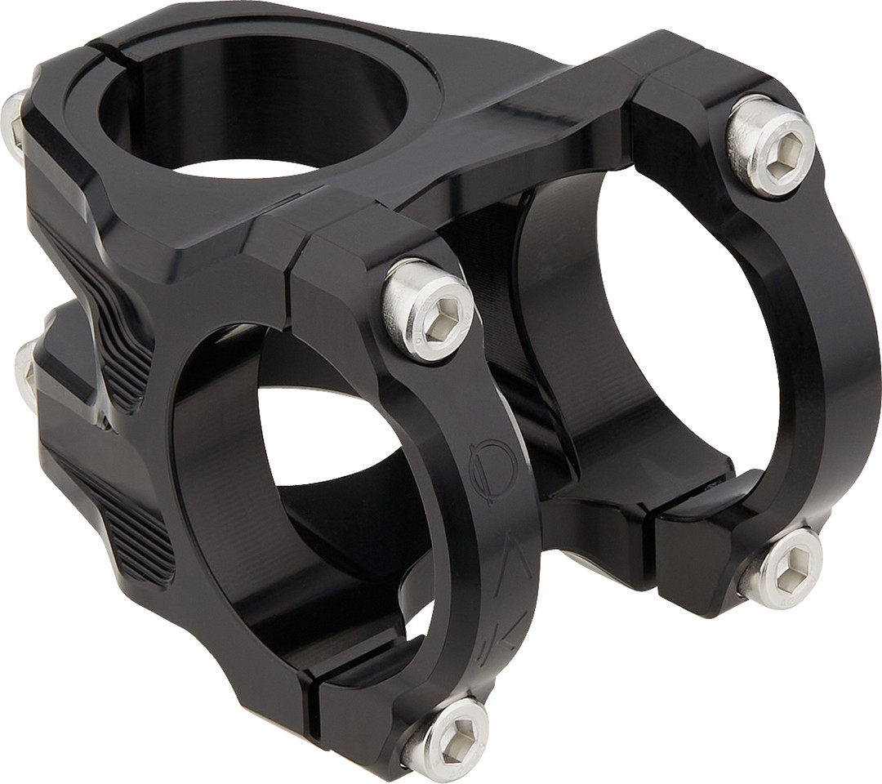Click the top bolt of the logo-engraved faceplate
click(427, 310)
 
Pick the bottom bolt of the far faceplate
click(782, 570)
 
